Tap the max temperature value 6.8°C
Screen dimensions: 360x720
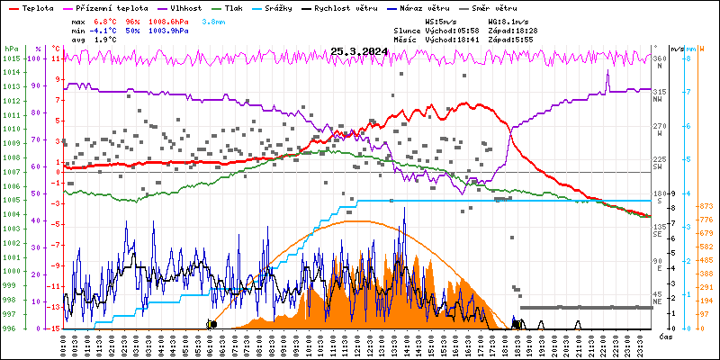(x=107, y=20)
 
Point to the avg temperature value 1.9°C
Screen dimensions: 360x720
(x=107, y=40)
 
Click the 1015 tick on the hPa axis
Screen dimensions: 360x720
(x=11, y=58)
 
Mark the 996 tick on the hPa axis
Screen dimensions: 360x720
(x=11, y=328)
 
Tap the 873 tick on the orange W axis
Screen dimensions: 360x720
(x=706, y=206)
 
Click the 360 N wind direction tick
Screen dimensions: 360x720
(x=660, y=63)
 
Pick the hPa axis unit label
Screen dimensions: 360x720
(x=11, y=48)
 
